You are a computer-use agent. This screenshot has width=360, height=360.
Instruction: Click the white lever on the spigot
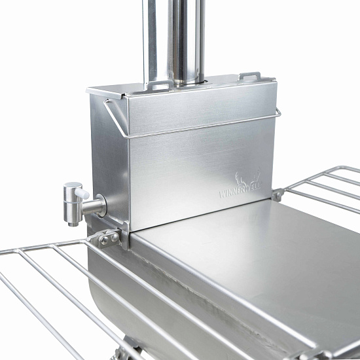[x=82, y=194]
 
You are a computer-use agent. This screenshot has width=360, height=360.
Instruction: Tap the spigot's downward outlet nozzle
[x=73, y=223]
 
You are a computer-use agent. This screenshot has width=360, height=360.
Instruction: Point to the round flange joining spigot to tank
[x=101, y=206]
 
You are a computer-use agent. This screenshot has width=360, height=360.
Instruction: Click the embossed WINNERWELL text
[x=240, y=190]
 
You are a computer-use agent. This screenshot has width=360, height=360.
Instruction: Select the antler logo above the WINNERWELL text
[x=248, y=177]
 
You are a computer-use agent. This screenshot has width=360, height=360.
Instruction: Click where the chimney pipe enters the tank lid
[x=189, y=84]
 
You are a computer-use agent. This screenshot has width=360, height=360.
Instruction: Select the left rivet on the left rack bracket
[x=105, y=240]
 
